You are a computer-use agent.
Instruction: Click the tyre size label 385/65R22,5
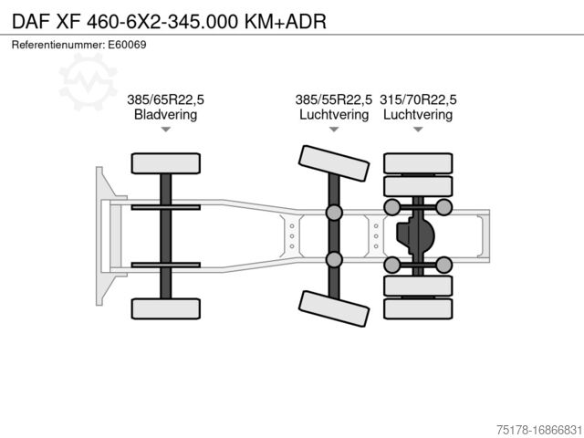165,99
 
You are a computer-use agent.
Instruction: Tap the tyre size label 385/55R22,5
334,99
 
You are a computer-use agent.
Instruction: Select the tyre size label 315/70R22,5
418,99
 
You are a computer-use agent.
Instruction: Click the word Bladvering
165,114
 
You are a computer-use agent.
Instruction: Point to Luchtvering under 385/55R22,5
334,114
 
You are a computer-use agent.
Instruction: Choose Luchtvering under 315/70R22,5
418,114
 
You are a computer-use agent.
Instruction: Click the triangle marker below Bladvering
166,130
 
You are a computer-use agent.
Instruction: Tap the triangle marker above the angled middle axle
334,130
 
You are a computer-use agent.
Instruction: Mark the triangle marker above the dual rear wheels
418,130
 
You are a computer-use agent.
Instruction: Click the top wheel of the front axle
166,163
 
